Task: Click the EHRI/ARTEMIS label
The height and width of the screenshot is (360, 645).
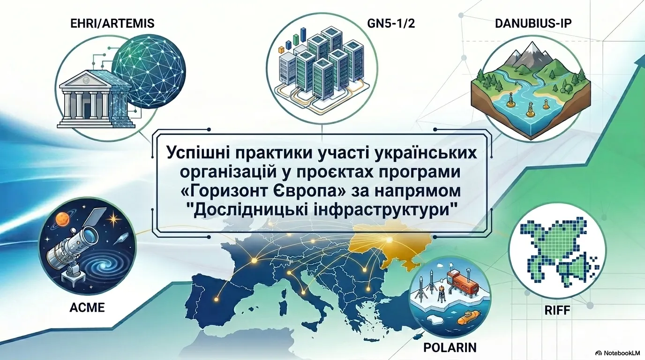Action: point(112,23)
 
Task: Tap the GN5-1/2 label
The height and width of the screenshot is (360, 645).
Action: point(391,23)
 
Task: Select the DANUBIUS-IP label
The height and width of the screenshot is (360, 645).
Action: point(533,23)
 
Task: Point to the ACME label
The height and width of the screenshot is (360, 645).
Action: point(87,308)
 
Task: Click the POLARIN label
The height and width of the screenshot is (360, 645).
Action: point(450,348)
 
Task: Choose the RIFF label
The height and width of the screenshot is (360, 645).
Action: point(557,310)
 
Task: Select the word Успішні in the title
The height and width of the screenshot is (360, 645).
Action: point(197,153)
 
